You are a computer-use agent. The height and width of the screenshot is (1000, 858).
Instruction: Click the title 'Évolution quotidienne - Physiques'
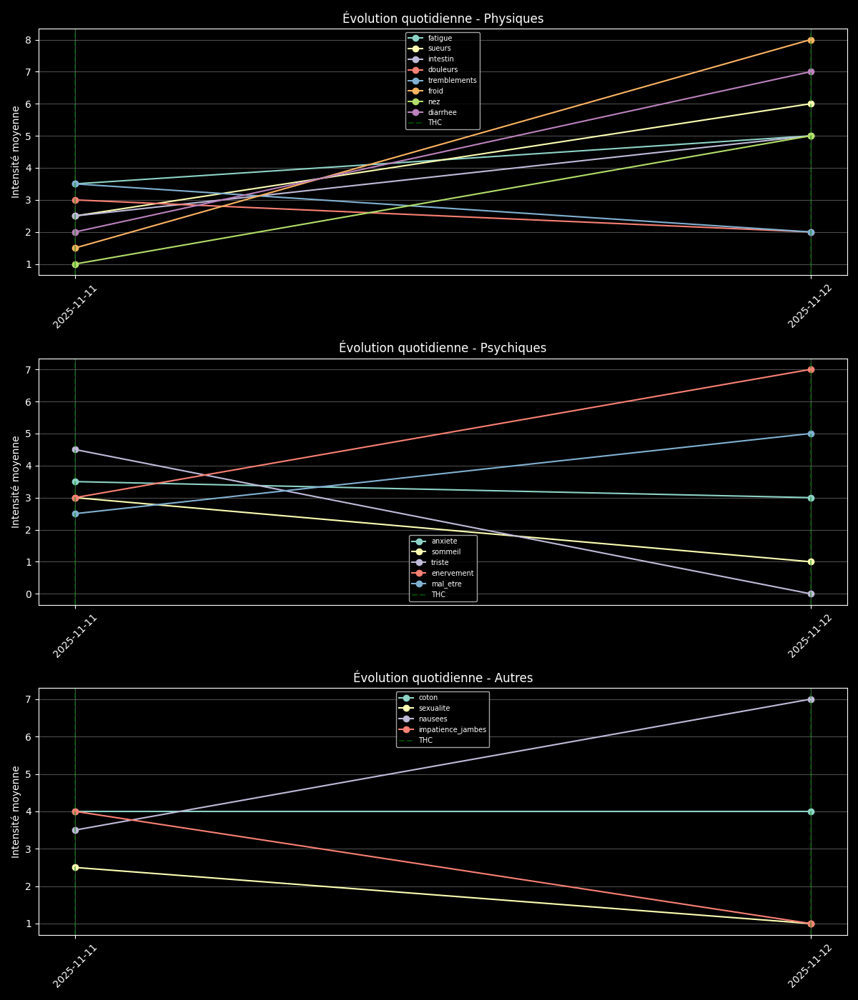coord(443,19)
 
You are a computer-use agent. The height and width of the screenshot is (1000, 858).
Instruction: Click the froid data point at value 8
coord(811,40)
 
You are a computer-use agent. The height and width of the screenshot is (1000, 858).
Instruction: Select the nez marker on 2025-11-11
coord(75,264)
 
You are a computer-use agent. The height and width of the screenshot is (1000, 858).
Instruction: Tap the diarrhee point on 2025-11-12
coord(811,72)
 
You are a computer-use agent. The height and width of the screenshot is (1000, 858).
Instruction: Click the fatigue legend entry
coord(440,38)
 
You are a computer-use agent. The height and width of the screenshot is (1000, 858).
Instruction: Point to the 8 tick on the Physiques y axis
coord(28,40)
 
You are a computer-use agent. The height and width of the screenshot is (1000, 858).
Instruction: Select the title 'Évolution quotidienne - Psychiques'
coord(443,348)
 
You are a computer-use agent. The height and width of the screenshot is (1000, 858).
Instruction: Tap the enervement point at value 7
coord(811,369)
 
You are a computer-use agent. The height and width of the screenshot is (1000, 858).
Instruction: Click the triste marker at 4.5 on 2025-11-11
coord(75,449)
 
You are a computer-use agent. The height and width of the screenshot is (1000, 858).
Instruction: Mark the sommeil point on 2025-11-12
coord(811,561)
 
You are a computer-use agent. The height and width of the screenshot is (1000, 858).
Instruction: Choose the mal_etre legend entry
coord(446,584)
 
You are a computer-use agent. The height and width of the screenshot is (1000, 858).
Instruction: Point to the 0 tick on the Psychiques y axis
coord(28,594)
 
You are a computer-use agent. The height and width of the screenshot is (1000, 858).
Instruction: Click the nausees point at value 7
coord(811,699)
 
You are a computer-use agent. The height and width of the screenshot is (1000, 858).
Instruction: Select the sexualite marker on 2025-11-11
coord(75,867)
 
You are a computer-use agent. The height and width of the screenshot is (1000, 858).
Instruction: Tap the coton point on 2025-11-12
coord(811,811)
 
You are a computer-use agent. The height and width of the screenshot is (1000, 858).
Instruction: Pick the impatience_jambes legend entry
coord(452,730)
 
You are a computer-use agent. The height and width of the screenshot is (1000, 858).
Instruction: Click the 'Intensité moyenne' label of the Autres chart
coord(16,811)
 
